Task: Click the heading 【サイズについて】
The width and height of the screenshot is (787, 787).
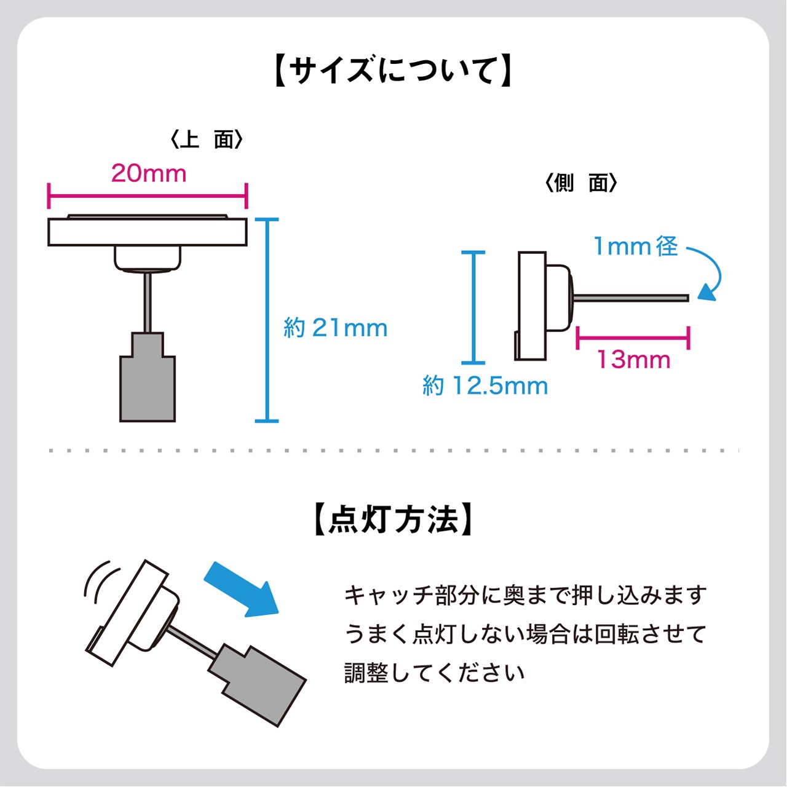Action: tap(393, 71)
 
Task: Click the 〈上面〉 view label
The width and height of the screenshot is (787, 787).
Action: tap(207, 140)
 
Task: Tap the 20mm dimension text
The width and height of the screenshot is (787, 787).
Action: tap(149, 173)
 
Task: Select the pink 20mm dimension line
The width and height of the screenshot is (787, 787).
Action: tap(147, 196)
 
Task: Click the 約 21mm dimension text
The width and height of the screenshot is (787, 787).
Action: tap(336, 328)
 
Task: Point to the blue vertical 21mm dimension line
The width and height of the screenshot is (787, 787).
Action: tap(267, 320)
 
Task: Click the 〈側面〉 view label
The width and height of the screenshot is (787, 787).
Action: tap(581, 183)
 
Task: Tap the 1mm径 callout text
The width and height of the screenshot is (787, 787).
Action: tap(635, 247)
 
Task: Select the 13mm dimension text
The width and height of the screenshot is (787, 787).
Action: tap(634, 360)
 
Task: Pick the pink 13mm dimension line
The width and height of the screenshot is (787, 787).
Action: tap(633, 338)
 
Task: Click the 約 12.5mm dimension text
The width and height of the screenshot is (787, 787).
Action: tap(485, 386)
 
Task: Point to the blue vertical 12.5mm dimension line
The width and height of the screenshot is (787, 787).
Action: tap(473, 307)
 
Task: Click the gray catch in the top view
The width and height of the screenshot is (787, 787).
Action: tap(148, 384)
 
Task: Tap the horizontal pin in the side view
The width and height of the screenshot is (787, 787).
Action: tap(630, 298)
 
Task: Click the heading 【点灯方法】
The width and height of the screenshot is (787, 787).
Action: tap(393, 520)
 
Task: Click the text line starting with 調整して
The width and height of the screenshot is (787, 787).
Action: tap(434, 673)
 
